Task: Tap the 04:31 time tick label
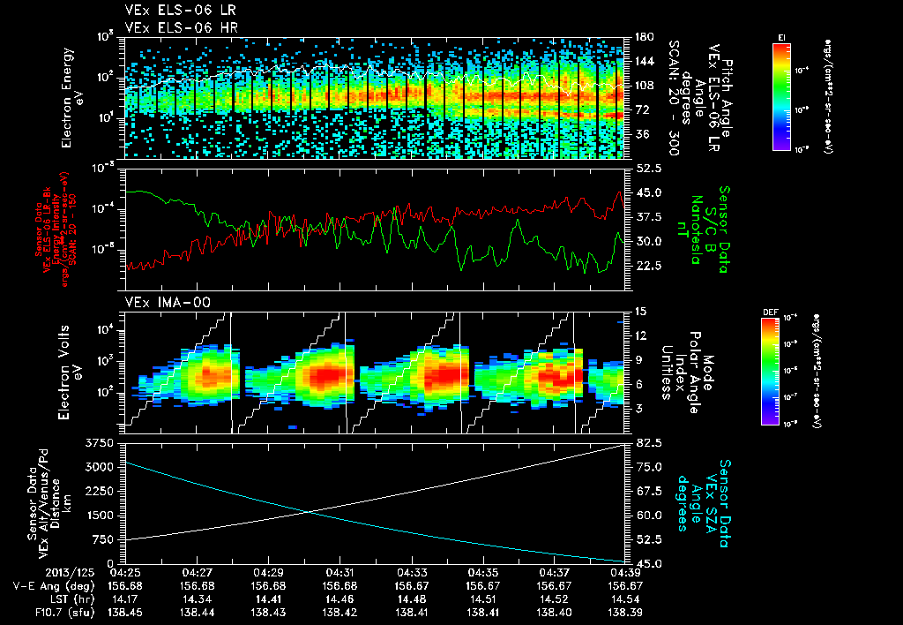[340, 572]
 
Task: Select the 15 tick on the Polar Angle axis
[639, 311]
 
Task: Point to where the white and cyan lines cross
[310, 511]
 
